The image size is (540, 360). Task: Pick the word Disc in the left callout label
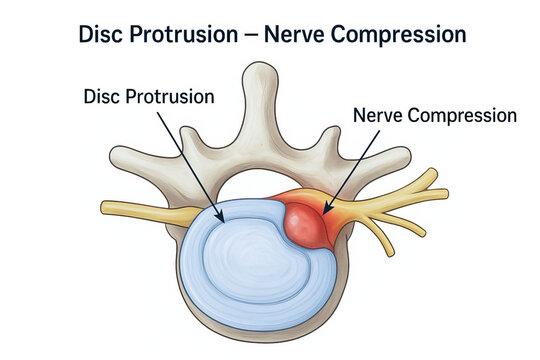pyautogui.click(x=104, y=99)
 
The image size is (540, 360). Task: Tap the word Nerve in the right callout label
pyautogui.click(x=381, y=115)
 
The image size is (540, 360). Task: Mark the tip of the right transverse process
pyautogui.click(x=400, y=159)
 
